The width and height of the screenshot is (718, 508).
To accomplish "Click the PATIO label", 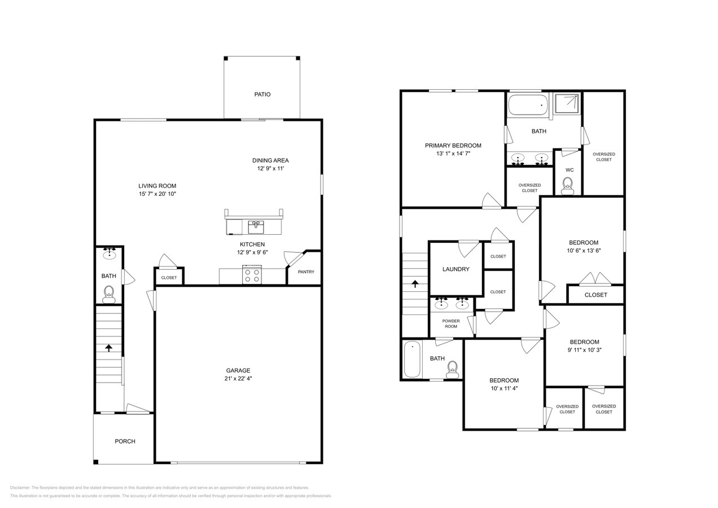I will coord(262,94).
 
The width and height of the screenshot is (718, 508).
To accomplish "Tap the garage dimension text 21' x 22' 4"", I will coord(238,379).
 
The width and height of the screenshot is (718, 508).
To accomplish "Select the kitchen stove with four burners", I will coord(252,275).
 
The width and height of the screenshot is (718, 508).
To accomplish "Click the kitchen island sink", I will coord(256,226).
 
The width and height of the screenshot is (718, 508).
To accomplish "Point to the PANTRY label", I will coord(306,272).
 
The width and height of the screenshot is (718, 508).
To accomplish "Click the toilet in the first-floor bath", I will coord(109,293).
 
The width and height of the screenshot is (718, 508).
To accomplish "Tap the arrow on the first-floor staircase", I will coord(108,348).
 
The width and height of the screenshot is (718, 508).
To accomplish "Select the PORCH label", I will coord(125,441).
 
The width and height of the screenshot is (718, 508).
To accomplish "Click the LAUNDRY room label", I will coord(456,269).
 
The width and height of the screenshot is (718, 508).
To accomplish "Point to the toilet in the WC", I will coord(567,185).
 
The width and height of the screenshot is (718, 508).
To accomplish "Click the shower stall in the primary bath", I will coord(566,103).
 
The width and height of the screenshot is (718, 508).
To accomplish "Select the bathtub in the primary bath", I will coord(528,105).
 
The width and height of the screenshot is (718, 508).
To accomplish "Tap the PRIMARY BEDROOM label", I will coord(453,146).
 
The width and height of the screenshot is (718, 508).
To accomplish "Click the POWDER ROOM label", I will coord(450,324).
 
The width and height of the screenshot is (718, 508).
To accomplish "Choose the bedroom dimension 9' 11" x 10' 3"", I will coord(584,350).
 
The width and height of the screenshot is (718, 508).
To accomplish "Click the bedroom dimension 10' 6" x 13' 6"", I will coord(583,251).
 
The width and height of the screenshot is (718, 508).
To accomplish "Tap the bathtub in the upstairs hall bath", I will coord(412,360).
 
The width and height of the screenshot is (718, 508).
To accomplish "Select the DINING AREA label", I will coord(270,160).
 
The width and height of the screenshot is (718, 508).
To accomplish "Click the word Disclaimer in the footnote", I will coord(20,488).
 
